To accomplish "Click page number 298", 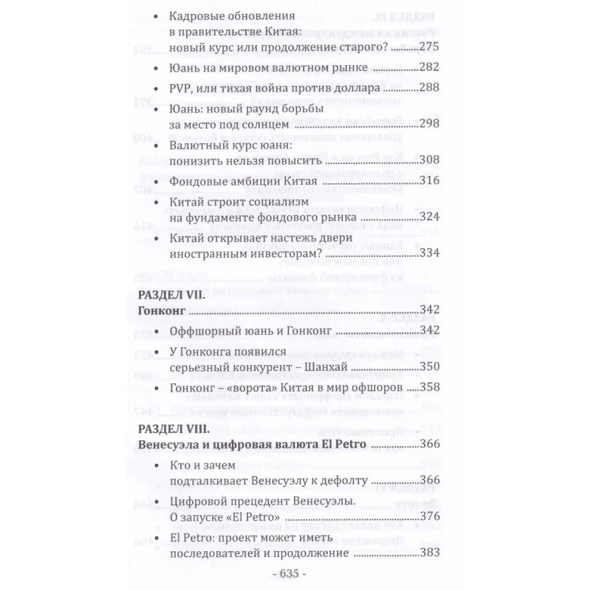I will (430, 124).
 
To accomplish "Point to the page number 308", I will (430, 160).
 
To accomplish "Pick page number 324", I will (430, 217).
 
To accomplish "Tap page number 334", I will (430, 253).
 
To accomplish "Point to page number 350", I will (430, 366).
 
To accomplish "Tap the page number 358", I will (430, 387).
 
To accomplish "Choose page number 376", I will (430, 516).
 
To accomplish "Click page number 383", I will (430, 553).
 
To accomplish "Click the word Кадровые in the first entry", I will (194, 16).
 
